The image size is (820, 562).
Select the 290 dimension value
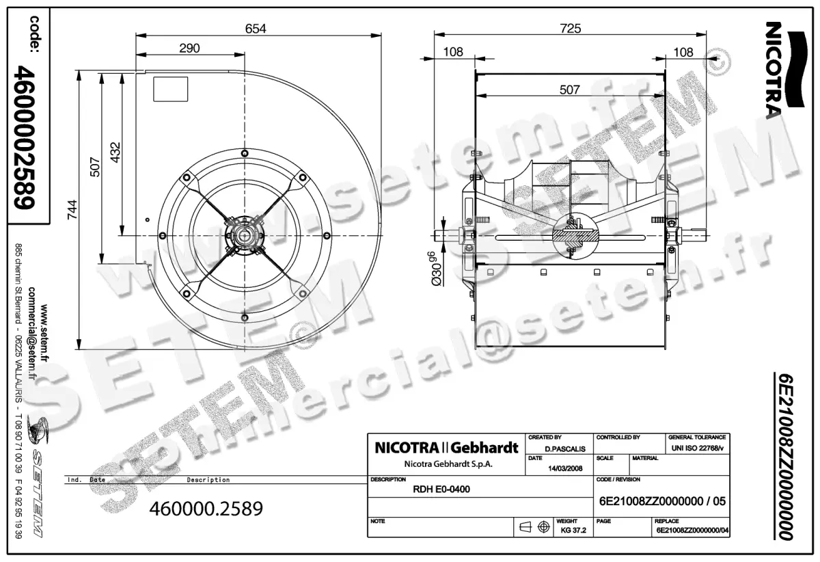189,48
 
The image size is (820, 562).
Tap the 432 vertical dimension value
115,152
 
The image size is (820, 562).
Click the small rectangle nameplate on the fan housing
169,89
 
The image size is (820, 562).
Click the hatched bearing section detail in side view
573,237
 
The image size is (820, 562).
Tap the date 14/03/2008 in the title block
566,468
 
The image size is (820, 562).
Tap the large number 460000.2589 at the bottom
206,509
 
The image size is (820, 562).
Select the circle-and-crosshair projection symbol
544,527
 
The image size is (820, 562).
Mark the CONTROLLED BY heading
618,437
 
